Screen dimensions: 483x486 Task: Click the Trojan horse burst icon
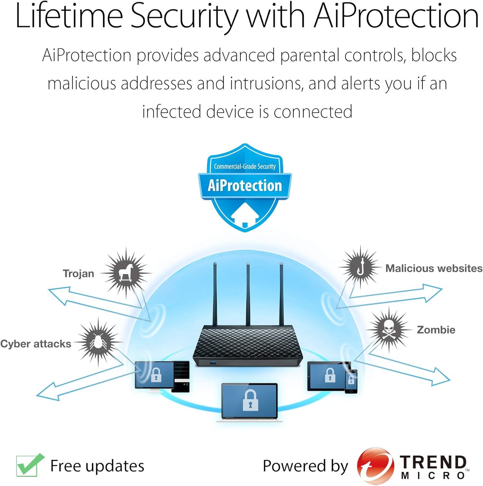126,273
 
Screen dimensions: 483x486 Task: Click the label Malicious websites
434,268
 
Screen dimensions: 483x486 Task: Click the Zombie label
436,330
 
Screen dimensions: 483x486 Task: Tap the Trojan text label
79,273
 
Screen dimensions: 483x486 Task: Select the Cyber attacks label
36,344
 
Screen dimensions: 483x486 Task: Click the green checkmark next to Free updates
30,465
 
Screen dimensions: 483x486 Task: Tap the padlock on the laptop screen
250,400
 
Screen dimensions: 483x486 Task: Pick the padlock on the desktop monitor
156,375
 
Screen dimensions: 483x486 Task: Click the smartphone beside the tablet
351,381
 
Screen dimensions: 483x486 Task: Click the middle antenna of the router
248,295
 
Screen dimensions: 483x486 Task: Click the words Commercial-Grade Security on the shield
245,166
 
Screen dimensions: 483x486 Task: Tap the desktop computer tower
180,376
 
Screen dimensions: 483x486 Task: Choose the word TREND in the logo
433,462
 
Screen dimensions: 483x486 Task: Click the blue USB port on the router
214,362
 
